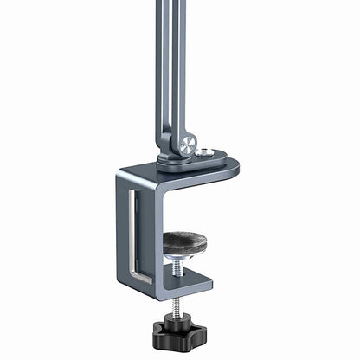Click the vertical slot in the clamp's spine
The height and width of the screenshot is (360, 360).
pyautogui.click(x=132, y=234)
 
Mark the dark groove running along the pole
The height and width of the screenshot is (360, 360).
pyautogui.click(x=170, y=52)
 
